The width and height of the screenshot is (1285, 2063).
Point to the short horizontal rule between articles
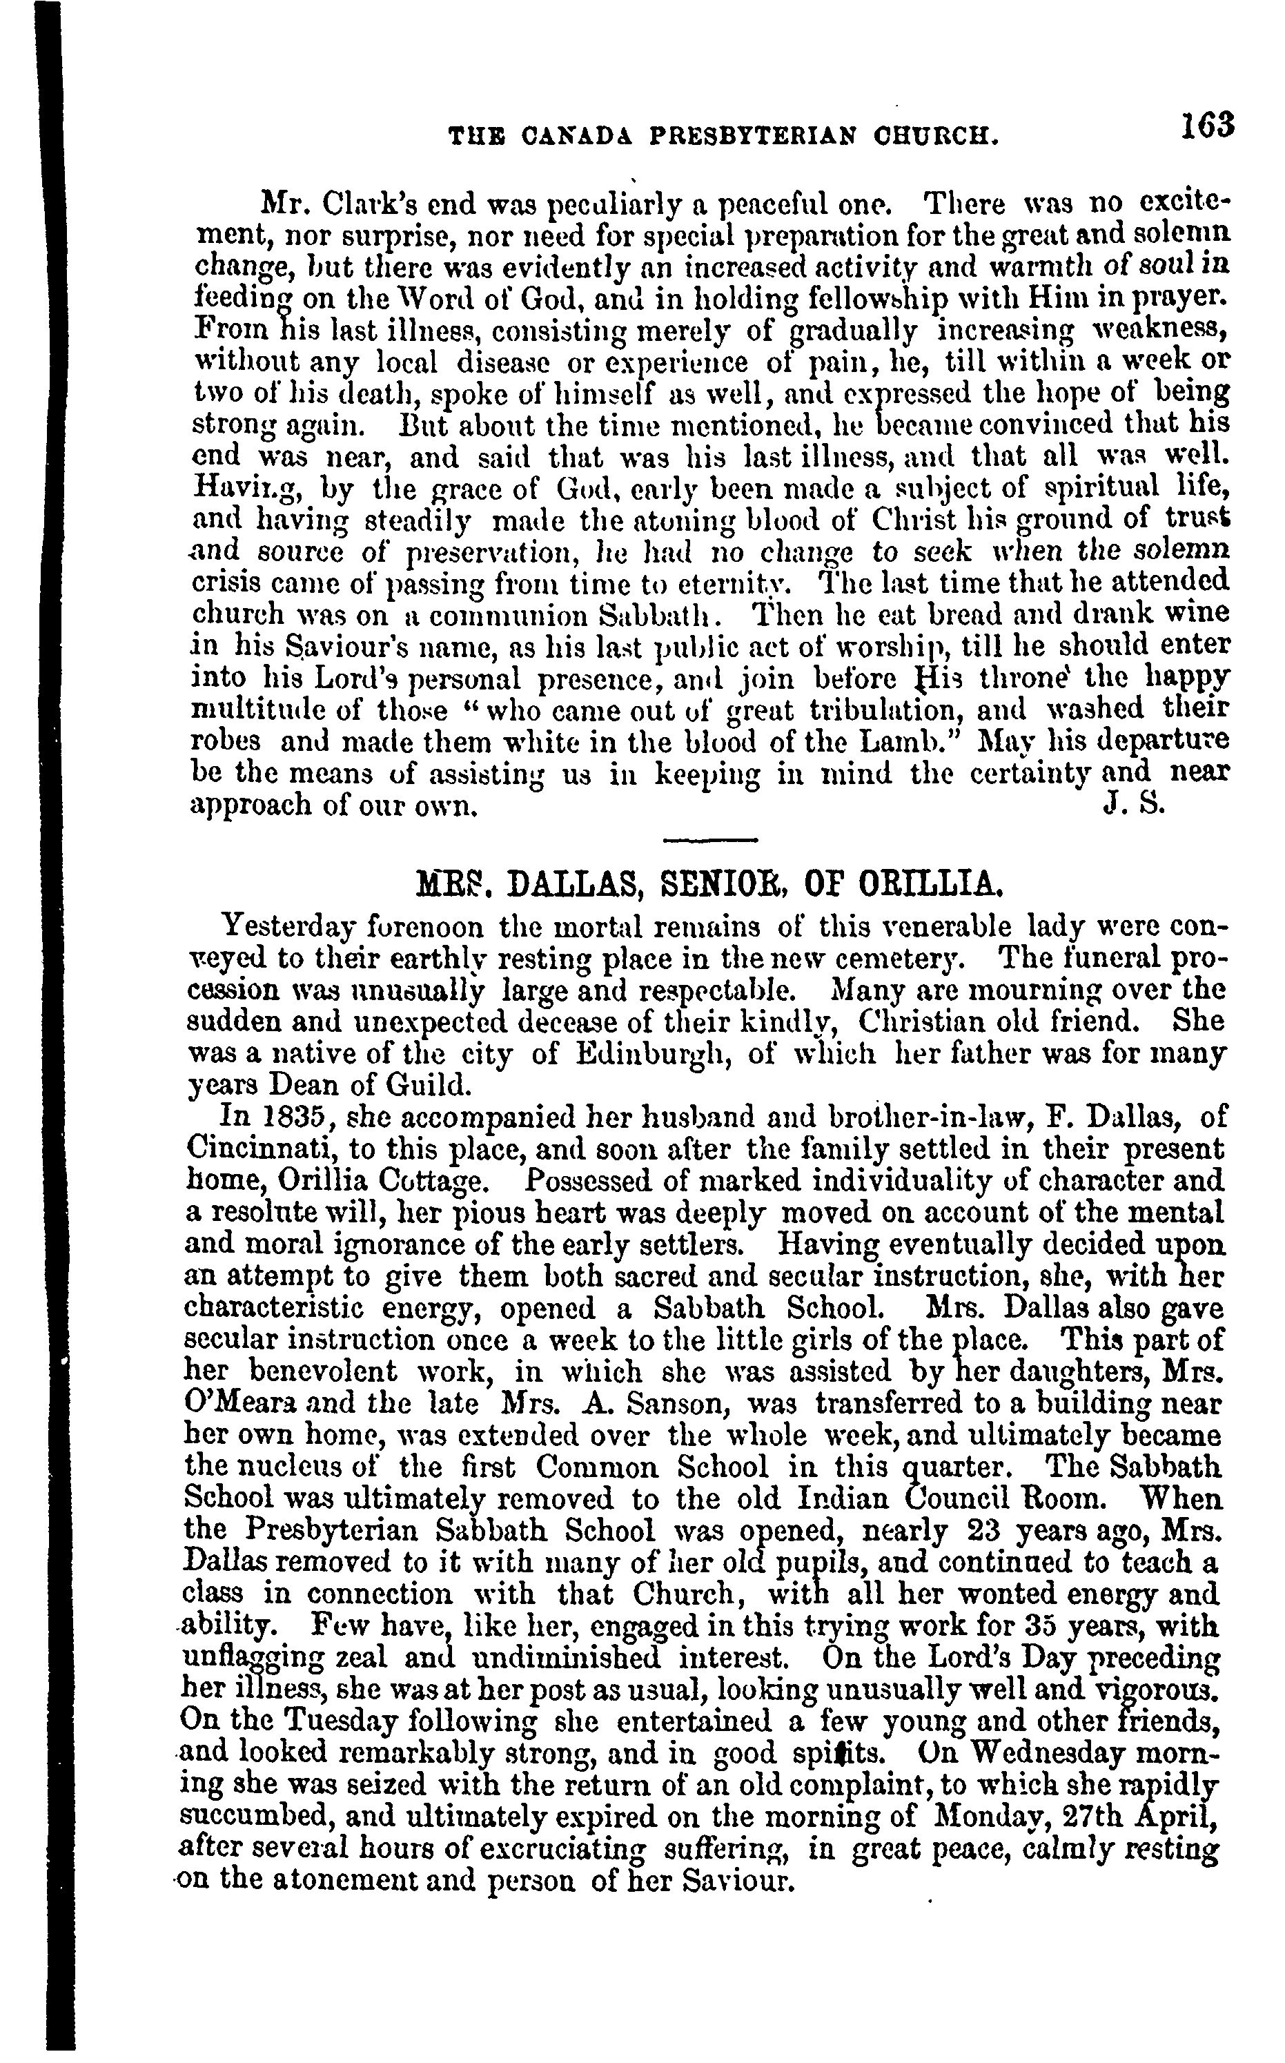[x=709, y=841]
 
